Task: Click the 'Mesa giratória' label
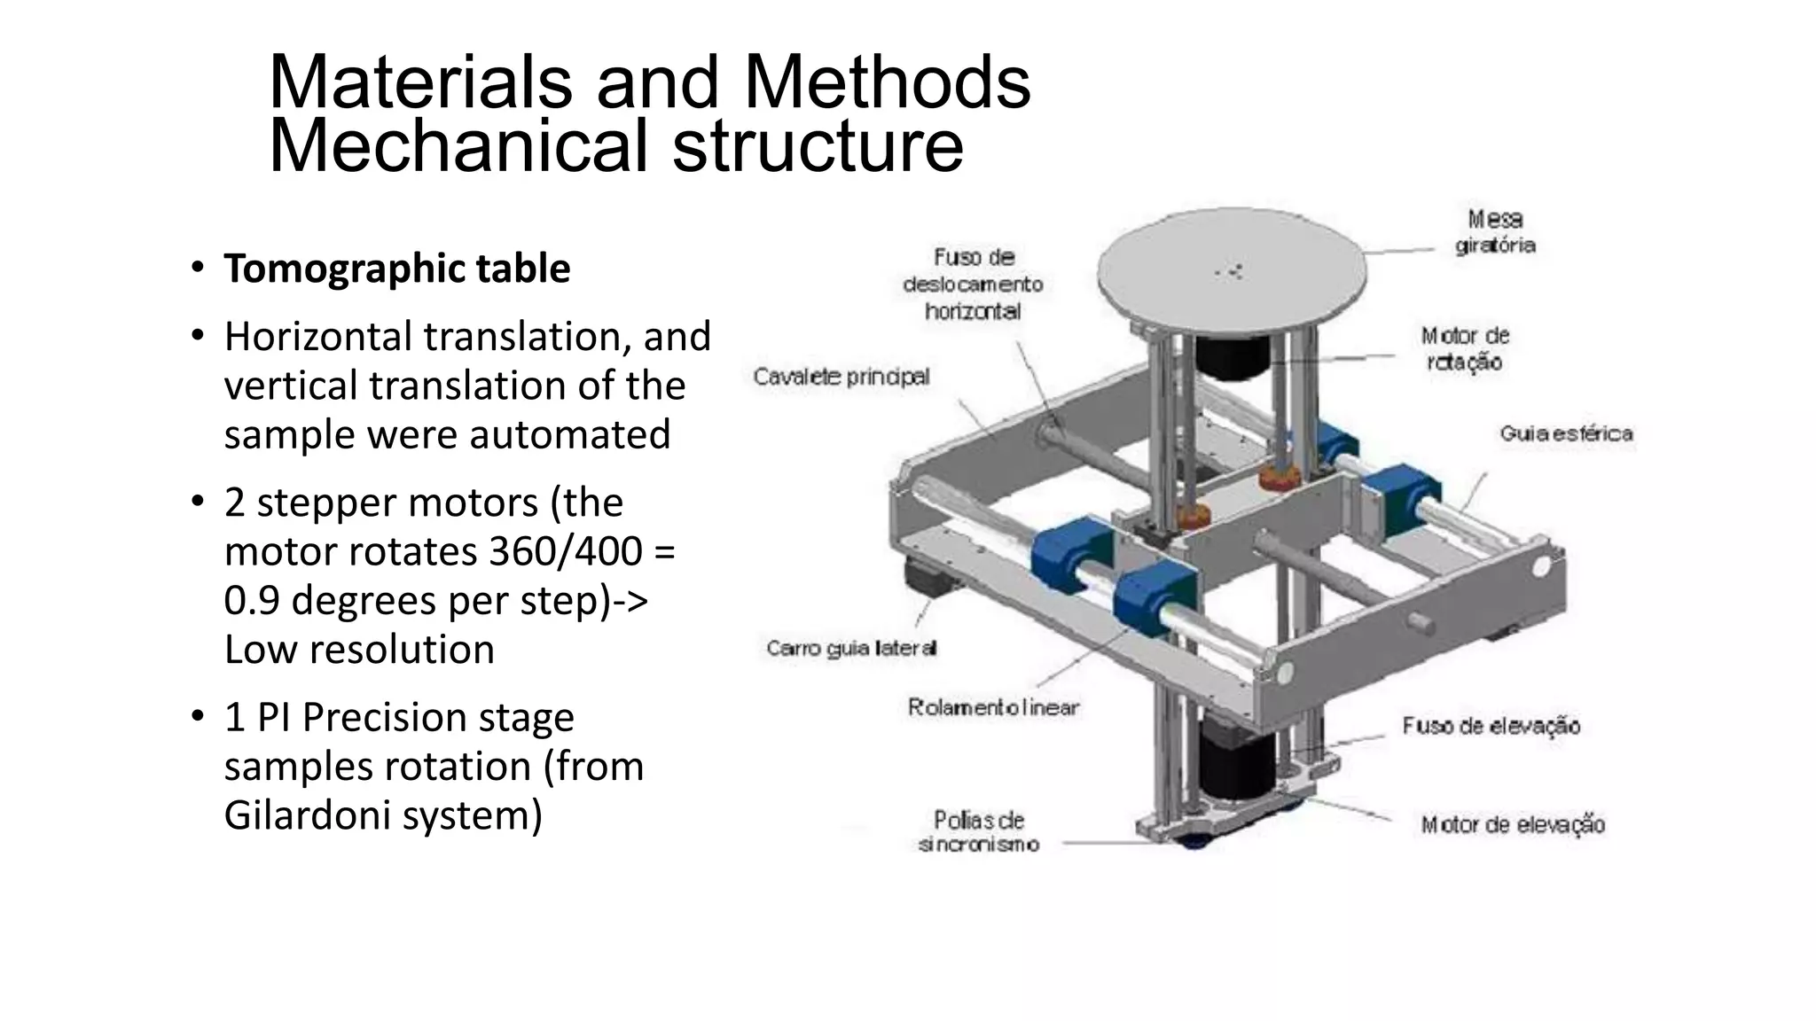(x=1495, y=232)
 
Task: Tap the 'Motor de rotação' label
(x=1464, y=349)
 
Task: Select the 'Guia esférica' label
(x=1566, y=433)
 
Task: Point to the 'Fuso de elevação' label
(x=1491, y=726)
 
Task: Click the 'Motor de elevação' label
(x=1512, y=825)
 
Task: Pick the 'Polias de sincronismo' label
(x=978, y=831)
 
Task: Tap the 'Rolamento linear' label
(x=993, y=707)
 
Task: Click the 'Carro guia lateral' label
(x=851, y=649)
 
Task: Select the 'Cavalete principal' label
(x=841, y=377)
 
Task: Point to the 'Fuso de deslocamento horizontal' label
(x=973, y=284)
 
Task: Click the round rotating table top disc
(x=1233, y=266)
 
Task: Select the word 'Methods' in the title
(x=887, y=82)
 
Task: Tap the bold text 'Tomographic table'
(x=396, y=269)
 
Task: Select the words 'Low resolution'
(x=359, y=650)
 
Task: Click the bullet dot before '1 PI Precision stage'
(x=197, y=716)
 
